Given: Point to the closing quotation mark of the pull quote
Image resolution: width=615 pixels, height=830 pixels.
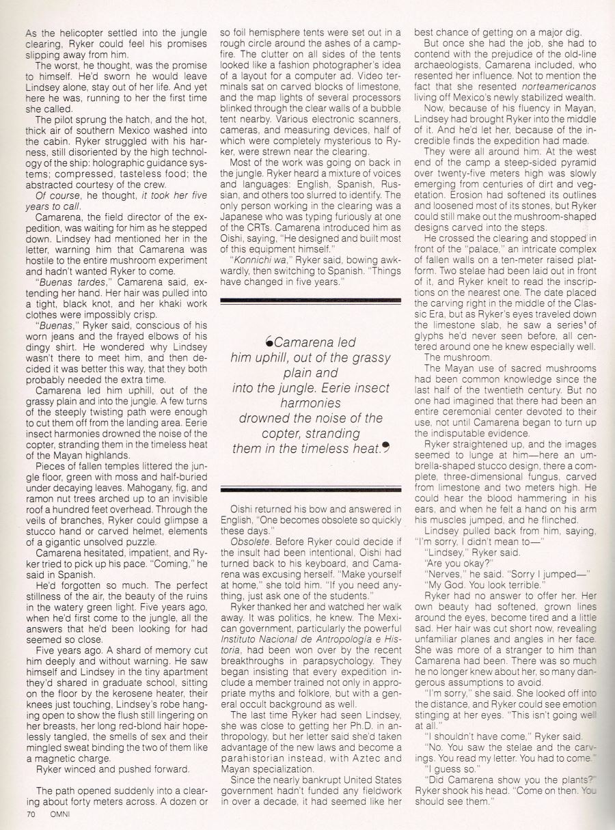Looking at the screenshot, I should (x=386, y=447).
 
